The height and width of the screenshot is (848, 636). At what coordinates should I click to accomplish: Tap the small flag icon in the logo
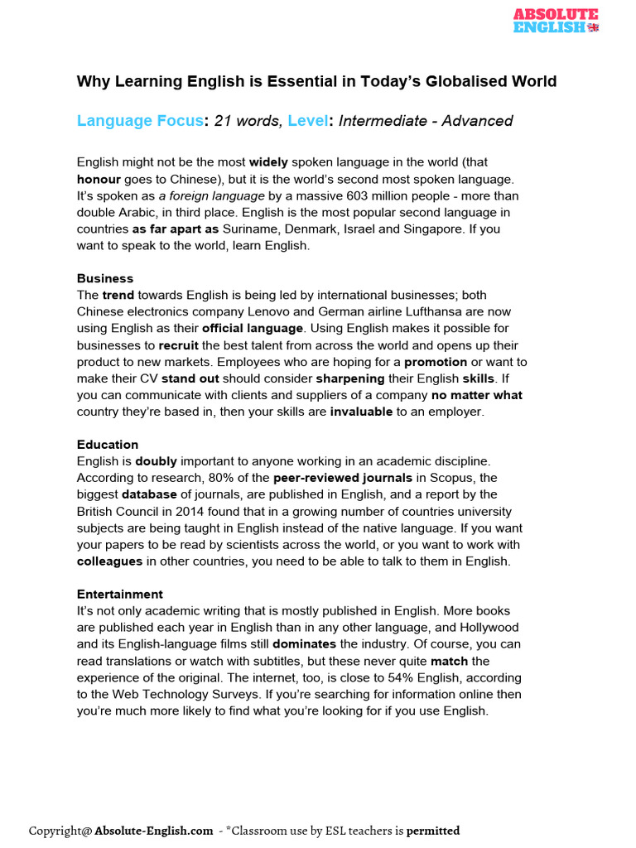coord(592,26)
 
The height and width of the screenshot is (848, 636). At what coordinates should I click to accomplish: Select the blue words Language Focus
coord(140,121)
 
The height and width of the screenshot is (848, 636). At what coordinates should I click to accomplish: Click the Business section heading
coord(105,278)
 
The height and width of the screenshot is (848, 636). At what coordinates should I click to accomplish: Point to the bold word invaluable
coord(361,412)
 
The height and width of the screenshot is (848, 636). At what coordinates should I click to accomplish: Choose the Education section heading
coord(108,445)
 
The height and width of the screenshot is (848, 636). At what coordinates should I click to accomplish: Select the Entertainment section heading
coord(120,594)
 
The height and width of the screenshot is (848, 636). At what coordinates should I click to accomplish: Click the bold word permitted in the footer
coord(432,831)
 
